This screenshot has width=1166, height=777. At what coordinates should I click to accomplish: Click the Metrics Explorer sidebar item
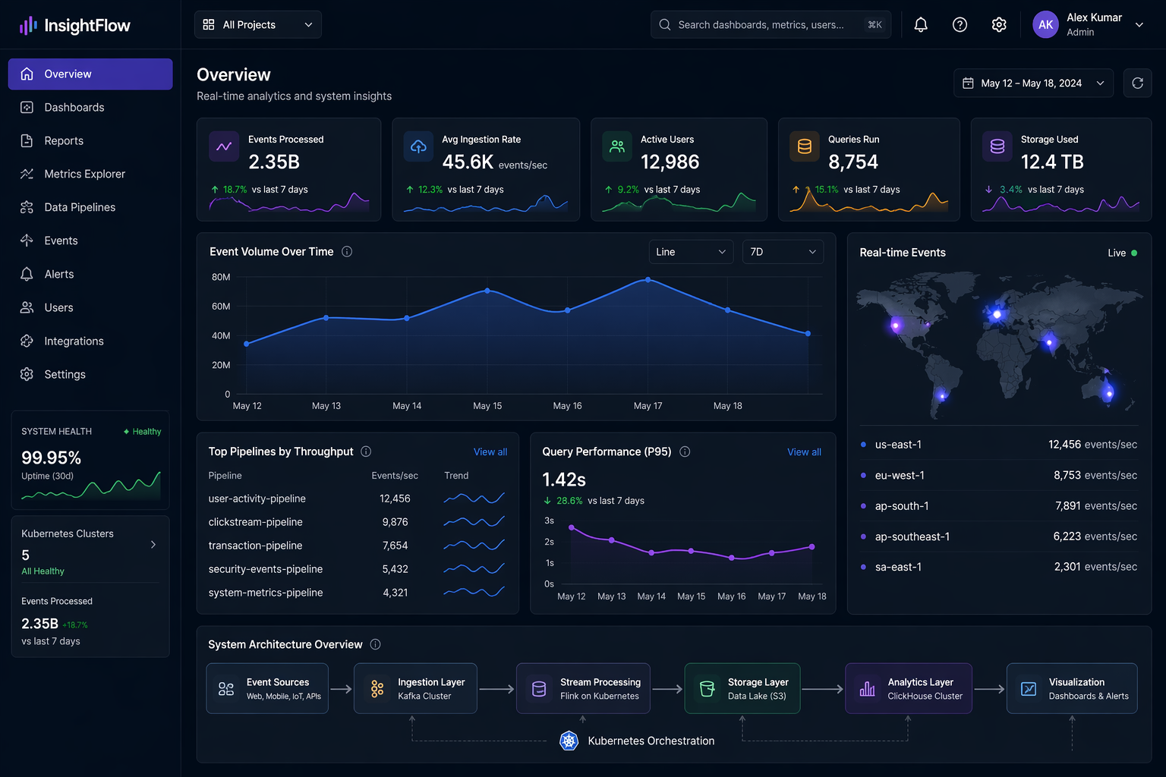click(x=84, y=174)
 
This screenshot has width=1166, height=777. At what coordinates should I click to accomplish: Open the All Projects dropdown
click(x=258, y=25)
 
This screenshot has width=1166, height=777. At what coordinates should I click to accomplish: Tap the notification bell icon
click(x=920, y=25)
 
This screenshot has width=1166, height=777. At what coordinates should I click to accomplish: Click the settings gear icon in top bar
click(x=998, y=25)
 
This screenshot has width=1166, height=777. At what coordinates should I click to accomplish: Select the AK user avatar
click(x=1045, y=25)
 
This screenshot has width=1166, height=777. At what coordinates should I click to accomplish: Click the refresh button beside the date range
click(x=1136, y=83)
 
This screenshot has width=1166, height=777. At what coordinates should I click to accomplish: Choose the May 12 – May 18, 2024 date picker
click(x=1032, y=83)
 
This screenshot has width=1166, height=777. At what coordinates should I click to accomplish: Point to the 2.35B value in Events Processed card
click(x=274, y=162)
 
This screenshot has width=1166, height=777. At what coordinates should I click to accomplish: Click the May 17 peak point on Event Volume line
click(x=648, y=279)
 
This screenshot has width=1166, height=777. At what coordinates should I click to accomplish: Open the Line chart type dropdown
click(x=690, y=252)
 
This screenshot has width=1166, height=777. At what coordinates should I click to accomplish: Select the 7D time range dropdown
click(x=782, y=252)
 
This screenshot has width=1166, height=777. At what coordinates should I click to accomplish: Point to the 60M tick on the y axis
click(x=221, y=307)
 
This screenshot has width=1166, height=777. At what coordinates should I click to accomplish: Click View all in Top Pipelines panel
click(x=490, y=452)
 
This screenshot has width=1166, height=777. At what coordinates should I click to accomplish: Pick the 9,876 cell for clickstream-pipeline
click(x=395, y=522)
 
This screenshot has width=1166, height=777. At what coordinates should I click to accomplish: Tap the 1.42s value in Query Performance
click(x=564, y=480)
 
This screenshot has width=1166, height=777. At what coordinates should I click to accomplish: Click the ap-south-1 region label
click(x=901, y=506)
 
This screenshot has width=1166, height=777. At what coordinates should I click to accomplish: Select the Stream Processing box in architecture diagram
click(x=583, y=688)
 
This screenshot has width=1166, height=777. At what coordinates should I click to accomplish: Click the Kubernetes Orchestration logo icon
click(x=569, y=741)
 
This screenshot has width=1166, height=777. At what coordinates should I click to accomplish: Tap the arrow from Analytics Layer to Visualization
click(x=989, y=689)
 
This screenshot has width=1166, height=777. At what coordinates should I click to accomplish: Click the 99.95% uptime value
click(x=51, y=458)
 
